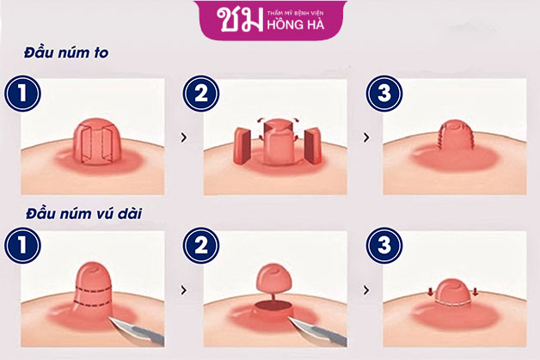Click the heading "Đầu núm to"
pos(66,52)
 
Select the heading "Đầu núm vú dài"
pos(83,214)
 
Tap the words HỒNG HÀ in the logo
pos(296,25)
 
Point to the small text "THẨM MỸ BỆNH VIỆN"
pos(296,14)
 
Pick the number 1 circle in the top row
pos(22,94)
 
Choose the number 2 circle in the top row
pos(201,94)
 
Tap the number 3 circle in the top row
pos(384,94)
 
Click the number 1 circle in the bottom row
pos(22,245)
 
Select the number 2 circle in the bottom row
pos(201,245)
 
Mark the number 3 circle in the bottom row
pos(384,245)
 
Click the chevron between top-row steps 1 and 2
pos(184,137)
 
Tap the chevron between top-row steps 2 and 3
pos(366,137)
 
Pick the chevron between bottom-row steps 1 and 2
pos(184,290)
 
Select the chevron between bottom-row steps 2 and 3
pos(366,290)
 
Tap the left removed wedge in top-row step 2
pos(242,145)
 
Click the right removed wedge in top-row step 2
pos(313,145)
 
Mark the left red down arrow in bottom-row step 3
pos(431,292)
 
